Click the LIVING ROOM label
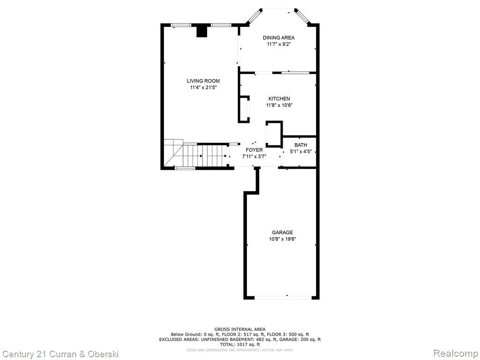coord(203,81)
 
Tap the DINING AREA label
coord(278,37)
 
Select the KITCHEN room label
coord(279,98)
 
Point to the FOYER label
coord(254,150)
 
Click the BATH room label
coord(300,145)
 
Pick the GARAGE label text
coord(283,232)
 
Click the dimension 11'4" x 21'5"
coord(203,88)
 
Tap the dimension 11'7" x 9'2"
coord(278,45)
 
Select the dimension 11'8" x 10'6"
coord(279,105)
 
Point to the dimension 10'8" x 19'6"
coord(283,239)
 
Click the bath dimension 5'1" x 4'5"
coord(300,151)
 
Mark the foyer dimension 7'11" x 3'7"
coord(254,157)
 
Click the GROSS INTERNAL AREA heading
coord(240,330)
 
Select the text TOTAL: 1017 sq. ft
coord(240,345)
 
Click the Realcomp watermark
coord(455,353)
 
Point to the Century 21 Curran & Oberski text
coord(60,354)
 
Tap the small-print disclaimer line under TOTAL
coord(240,350)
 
